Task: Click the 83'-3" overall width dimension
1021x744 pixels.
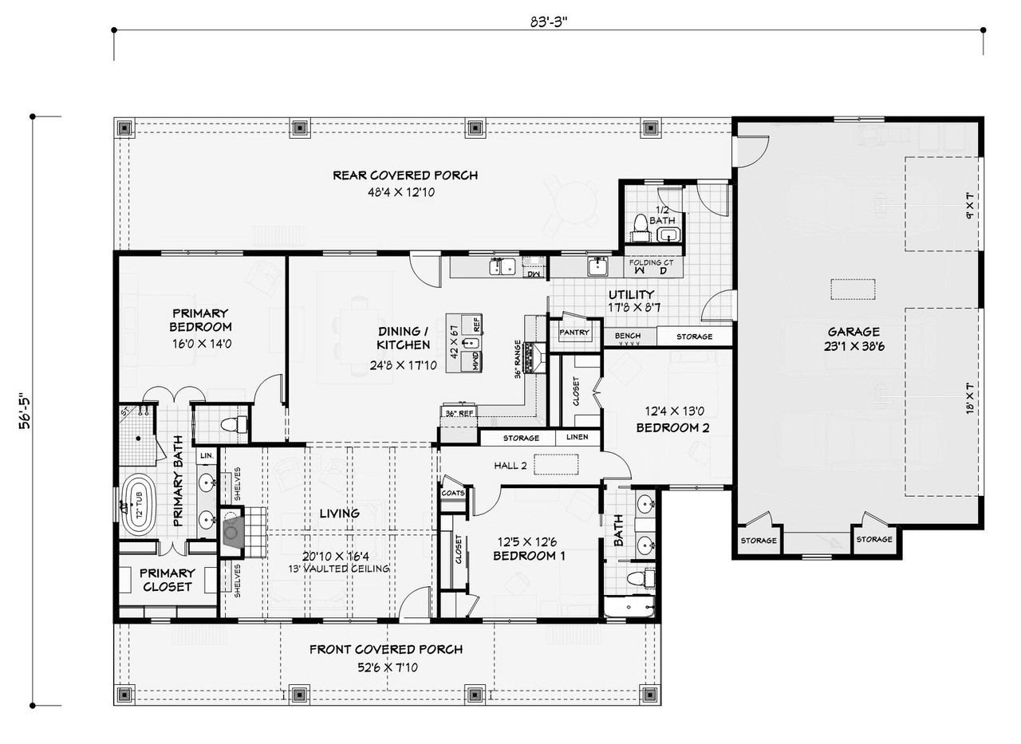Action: [x=548, y=22]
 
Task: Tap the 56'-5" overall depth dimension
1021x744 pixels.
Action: [x=26, y=410]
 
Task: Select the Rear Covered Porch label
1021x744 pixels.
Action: [x=405, y=175]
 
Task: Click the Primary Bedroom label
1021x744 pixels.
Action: [x=200, y=320]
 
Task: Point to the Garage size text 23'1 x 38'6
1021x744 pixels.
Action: [x=853, y=347]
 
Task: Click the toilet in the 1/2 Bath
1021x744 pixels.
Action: [x=640, y=224]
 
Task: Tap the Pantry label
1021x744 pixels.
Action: [x=574, y=333]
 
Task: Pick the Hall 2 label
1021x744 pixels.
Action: [x=510, y=466]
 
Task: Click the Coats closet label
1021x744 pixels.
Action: [x=452, y=493]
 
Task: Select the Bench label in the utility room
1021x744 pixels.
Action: [x=628, y=337]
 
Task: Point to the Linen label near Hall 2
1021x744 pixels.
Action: [x=578, y=438]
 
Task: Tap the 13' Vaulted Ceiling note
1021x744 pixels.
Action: [x=339, y=569]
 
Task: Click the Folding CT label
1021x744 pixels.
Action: [x=652, y=262]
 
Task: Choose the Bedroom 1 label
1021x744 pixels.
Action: [x=529, y=556]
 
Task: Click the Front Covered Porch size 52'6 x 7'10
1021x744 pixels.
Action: [x=386, y=667]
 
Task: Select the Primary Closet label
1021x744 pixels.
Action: [x=168, y=580]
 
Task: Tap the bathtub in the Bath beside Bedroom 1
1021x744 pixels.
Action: [x=628, y=608]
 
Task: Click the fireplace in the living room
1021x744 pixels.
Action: [x=232, y=528]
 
